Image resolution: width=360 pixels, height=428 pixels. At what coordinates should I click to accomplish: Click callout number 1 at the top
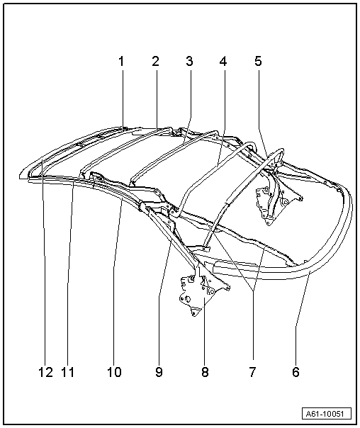(x=121, y=62)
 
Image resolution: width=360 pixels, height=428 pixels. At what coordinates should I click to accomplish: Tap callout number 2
(x=155, y=62)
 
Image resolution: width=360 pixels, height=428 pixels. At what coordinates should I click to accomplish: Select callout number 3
(x=189, y=62)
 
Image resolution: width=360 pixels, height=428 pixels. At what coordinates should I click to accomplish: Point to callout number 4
(x=223, y=62)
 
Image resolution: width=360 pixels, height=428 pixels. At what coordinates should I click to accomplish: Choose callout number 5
(x=258, y=62)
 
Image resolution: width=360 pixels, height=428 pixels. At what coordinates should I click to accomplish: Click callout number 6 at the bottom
(x=296, y=372)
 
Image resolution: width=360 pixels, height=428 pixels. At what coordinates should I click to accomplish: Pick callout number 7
(x=252, y=372)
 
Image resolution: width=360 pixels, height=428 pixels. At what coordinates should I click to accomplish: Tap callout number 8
(x=205, y=372)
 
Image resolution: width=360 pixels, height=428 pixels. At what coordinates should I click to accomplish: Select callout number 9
(x=159, y=372)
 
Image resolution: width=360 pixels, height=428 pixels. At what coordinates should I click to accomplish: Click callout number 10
(x=114, y=372)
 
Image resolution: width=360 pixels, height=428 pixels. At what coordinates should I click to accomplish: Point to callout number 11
(x=68, y=372)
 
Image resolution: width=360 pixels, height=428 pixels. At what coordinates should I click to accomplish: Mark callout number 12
(x=45, y=372)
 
